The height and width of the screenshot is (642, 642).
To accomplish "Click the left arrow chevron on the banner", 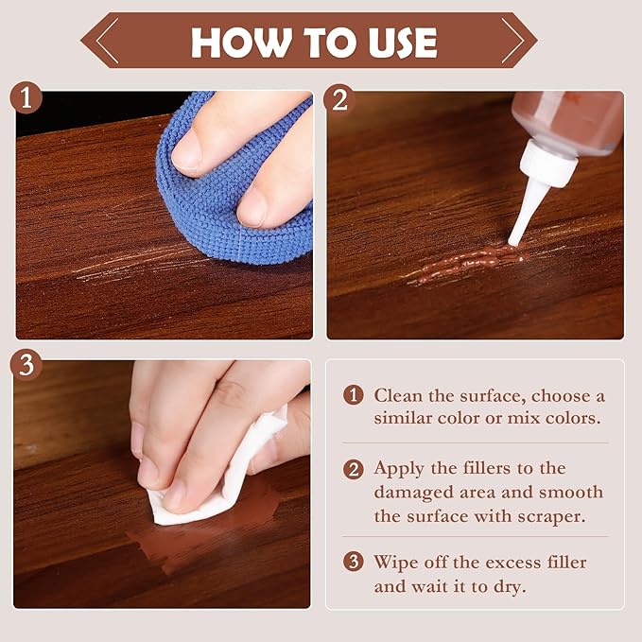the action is pos(107,41).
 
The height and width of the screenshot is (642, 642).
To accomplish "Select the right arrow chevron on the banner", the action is pos(512,41).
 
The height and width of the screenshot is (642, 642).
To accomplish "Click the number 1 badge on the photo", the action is pos(26,98).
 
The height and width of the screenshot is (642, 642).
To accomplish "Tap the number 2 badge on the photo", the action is pos(339,99).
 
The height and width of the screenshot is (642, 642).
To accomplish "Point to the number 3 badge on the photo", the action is pos(26,364).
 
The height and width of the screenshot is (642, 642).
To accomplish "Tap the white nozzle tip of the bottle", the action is pos(512,241).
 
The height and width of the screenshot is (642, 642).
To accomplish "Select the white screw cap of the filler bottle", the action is pos(547,163).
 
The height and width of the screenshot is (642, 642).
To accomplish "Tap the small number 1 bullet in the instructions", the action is pos(353,395).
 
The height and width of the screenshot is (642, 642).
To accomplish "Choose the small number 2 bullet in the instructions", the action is pos(353,469).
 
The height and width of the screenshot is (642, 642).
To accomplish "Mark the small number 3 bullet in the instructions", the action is pos(353,562).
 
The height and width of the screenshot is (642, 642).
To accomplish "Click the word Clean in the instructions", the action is pos(398,395).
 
